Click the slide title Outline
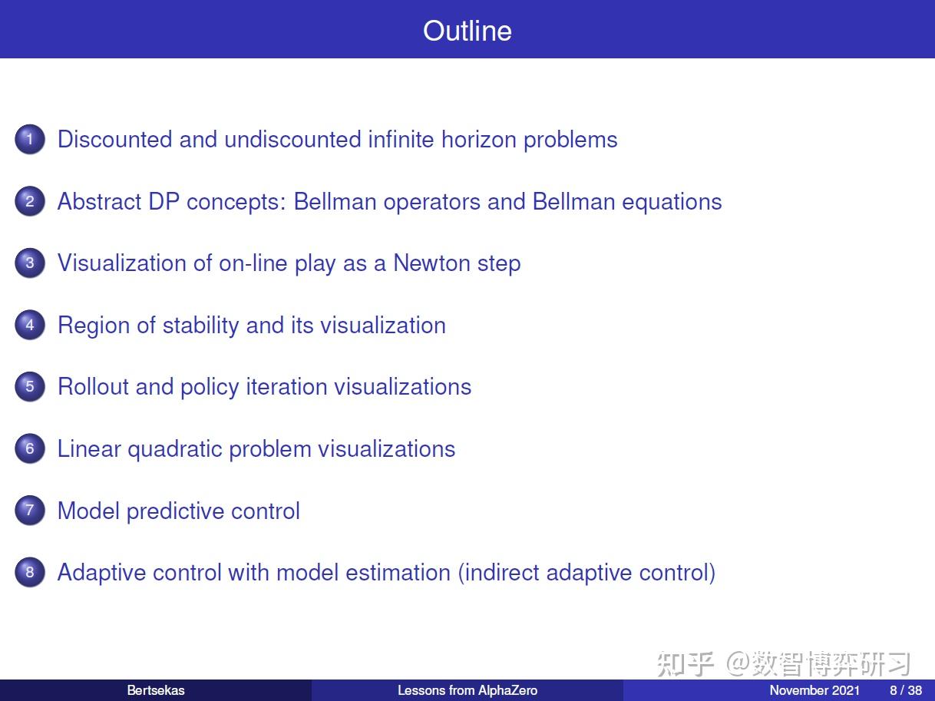(467, 31)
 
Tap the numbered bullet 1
(30, 139)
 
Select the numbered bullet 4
(30, 325)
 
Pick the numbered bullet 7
(30, 511)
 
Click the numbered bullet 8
(30, 572)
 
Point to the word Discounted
(114, 139)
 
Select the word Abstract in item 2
(99, 201)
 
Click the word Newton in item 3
(431, 263)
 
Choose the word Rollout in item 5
(93, 387)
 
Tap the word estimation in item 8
(398, 572)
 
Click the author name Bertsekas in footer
(156, 690)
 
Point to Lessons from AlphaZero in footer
(467, 690)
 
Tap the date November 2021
(814, 690)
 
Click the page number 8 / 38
(906, 690)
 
